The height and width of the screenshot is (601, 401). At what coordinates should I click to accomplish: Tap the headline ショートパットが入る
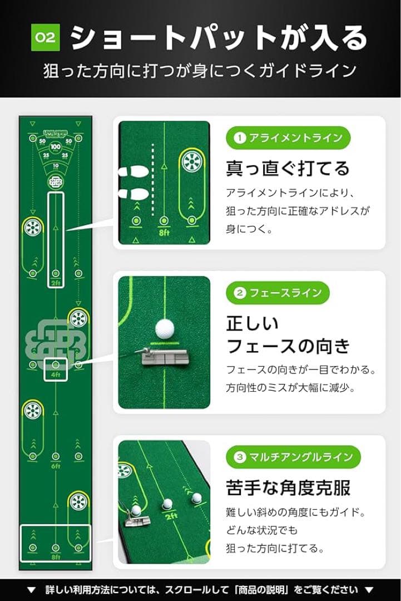tap(219, 38)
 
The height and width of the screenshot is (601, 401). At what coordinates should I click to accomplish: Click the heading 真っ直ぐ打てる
tap(288, 168)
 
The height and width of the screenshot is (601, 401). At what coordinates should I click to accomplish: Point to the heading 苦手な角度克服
tap(288, 487)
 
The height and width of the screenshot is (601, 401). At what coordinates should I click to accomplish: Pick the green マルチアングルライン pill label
tap(293, 457)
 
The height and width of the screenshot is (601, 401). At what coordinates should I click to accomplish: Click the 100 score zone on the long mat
tap(55, 147)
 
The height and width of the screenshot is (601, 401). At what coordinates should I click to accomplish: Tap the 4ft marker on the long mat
tap(55, 375)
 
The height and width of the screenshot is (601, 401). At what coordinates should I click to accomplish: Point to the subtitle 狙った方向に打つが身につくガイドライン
tap(200, 71)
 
